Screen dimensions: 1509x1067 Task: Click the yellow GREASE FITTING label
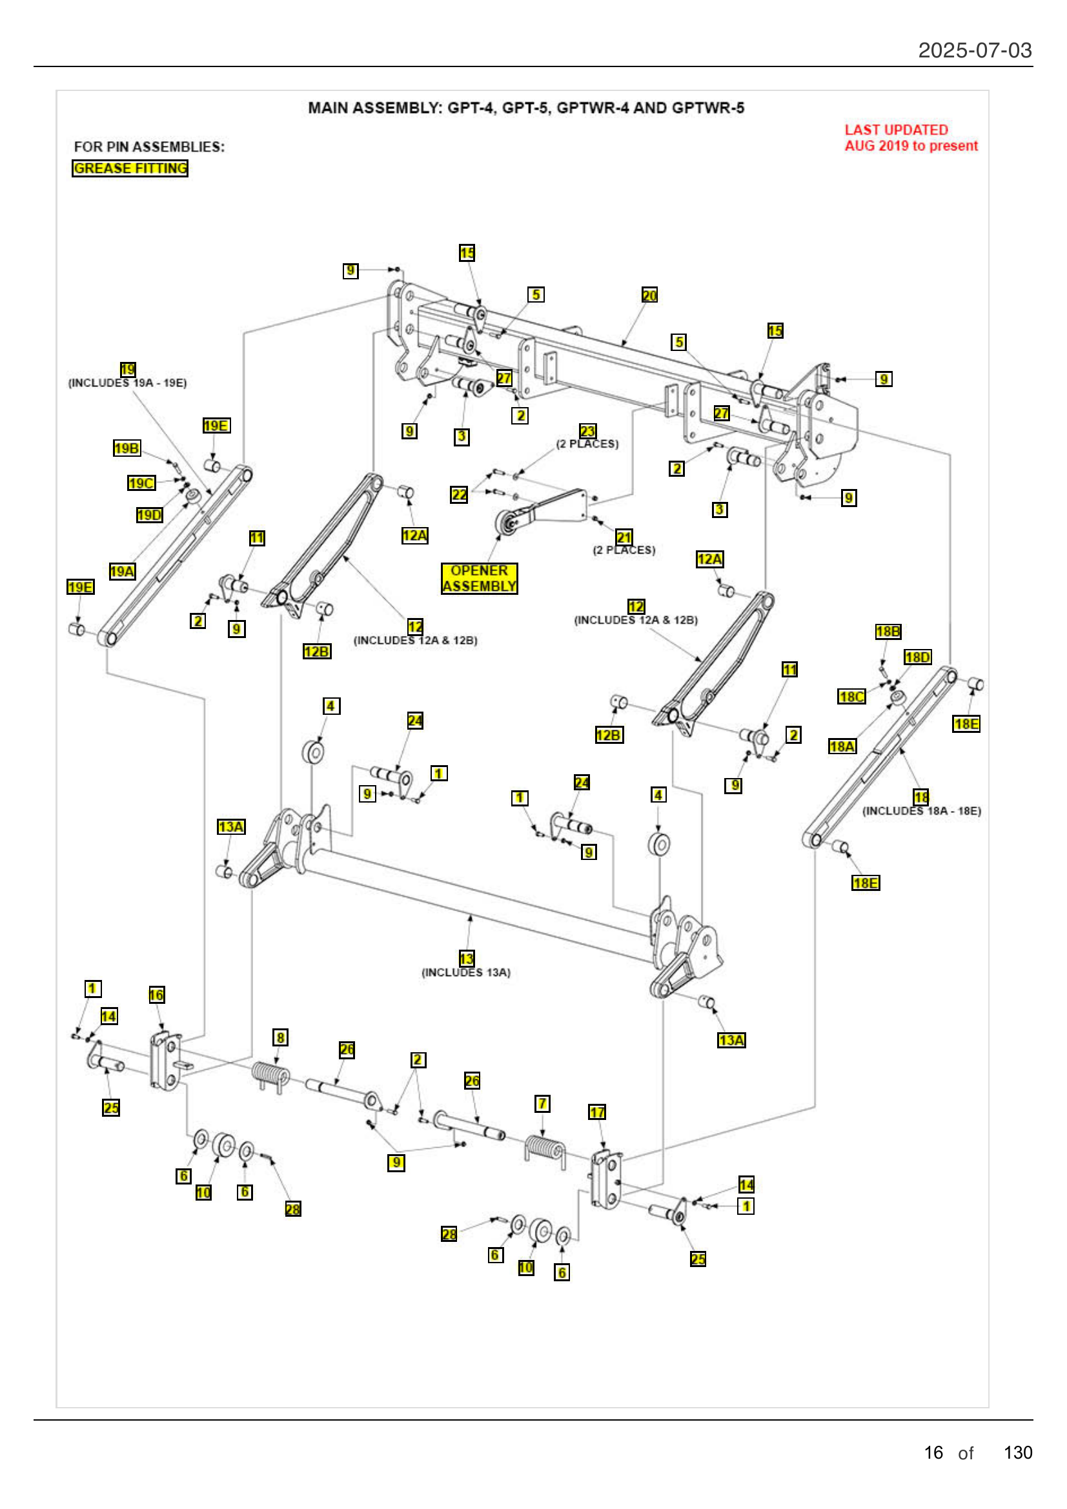pyautogui.click(x=130, y=168)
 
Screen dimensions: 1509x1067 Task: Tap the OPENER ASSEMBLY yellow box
pyautogui.click(x=478, y=578)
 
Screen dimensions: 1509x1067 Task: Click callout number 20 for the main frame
pyautogui.click(x=649, y=295)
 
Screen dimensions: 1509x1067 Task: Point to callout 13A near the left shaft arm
pyautogui.click(x=230, y=826)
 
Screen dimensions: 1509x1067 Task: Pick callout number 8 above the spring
pyautogui.click(x=280, y=1037)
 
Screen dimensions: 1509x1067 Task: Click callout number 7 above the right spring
pyautogui.click(x=542, y=1103)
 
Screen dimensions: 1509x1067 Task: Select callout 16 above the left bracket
pyautogui.click(x=156, y=994)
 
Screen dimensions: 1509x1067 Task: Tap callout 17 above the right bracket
pyautogui.click(x=596, y=1112)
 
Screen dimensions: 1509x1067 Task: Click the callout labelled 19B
pyautogui.click(x=127, y=448)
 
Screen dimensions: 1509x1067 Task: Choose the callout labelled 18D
pyautogui.click(x=917, y=657)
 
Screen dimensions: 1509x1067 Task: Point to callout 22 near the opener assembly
pyautogui.click(x=459, y=494)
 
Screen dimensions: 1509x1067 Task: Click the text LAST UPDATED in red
pyautogui.click(x=895, y=130)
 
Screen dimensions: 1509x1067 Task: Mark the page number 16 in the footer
pyautogui.click(x=933, y=1452)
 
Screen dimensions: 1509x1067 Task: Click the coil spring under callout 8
pyautogui.click(x=270, y=1075)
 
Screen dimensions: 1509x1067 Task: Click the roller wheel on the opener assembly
pyautogui.click(x=507, y=525)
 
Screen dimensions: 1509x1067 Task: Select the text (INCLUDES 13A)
pyautogui.click(x=465, y=973)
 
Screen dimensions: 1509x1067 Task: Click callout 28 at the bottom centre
pyautogui.click(x=449, y=1234)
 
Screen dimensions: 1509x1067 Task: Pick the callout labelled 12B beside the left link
pyautogui.click(x=316, y=652)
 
